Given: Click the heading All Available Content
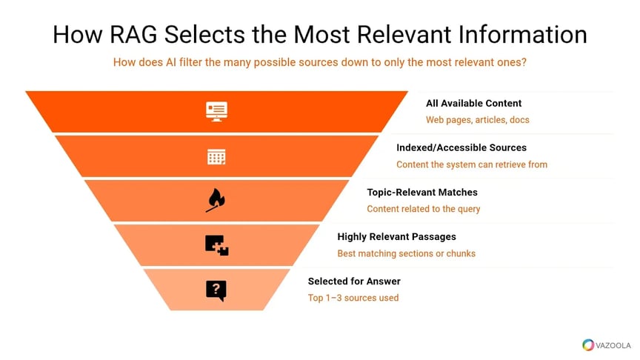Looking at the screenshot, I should [x=473, y=104].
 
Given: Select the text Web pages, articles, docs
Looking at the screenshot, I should [x=477, y=120].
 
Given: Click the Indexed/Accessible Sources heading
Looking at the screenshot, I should [x=461, y=148].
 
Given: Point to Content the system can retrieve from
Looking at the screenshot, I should [x=471, y=164].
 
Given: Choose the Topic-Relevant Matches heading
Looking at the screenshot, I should [x=422, y=193].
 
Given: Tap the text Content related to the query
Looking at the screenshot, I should [x=423, y=209].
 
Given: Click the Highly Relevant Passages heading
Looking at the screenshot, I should [x=396, y=237].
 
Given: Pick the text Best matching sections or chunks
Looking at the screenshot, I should [x=406, y=253].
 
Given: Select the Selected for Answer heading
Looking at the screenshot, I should [x=354, y=281].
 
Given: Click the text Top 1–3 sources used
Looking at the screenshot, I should [x=353, y=298].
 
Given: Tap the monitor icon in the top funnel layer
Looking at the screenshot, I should [x=216, y=111].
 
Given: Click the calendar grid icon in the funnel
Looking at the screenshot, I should [x=216, y=156].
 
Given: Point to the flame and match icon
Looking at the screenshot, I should [x=216, y=200].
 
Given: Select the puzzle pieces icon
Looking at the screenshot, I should [x=216, y=245].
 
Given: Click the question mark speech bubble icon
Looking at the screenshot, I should [x=216, y=290].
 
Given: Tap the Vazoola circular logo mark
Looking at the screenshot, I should [x=589, y=344].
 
